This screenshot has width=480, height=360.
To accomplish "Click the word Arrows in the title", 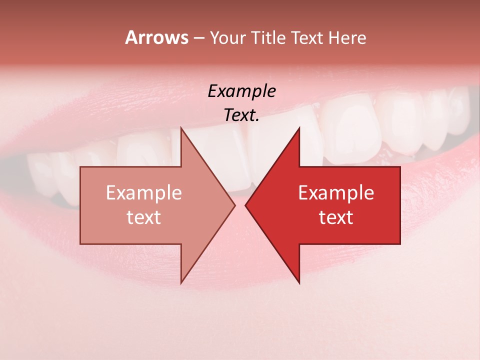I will pyautogui.click(x=156, y=37).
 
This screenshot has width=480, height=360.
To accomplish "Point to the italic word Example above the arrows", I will pyautogui.click(x=241, y=91).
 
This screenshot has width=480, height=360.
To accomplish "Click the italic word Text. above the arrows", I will pyautogui.click(x=241, y=115).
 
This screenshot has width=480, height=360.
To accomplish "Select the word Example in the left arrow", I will pyautogui.click(x=144, y=193).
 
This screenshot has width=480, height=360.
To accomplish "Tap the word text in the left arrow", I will pyautogui.click(x=144, y=217).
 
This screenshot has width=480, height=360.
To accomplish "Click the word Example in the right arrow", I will pyautogui.click(x=336, y=193).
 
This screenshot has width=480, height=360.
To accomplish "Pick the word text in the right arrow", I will pyautogui.click(x=336, y=217).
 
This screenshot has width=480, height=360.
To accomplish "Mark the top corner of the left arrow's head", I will pyautogui.click(x=181, y=128).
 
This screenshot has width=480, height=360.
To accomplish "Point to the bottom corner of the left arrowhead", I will pyautogui.click(x=181, y=282).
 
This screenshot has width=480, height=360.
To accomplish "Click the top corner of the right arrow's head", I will pyautogui.click(x=299, y=128).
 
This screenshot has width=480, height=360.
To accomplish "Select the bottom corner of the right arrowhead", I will pyautogui.click(x=299, y=282).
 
